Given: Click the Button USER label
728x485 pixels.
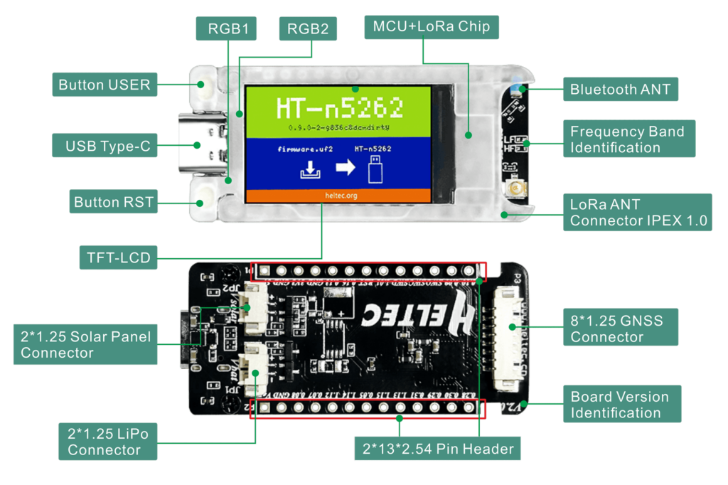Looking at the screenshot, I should coord(104,85).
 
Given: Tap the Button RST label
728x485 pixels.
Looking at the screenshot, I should coord(114,202).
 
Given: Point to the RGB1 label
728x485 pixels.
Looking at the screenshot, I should coord(226,29).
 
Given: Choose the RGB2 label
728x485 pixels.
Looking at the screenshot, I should coord(307,29).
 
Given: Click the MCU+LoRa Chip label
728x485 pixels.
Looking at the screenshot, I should coord(432,27).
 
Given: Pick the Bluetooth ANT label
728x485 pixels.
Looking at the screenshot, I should coord(621,90).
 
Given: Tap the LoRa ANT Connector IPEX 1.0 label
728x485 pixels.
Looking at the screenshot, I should coord(638,212).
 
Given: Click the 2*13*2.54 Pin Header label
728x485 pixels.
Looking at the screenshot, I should coord(437,449).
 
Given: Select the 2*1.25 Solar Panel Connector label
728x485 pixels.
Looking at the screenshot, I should coord(85,344).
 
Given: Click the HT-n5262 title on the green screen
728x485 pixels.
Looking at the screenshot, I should coord(339,108).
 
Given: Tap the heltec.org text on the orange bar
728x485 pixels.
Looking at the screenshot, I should coord(338,195).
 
